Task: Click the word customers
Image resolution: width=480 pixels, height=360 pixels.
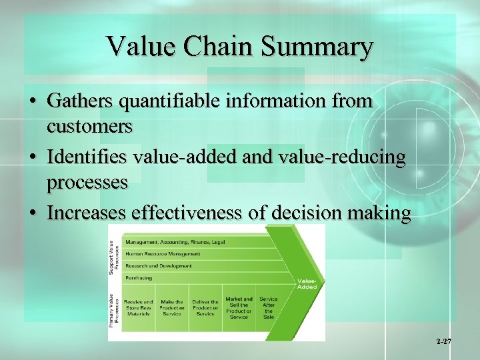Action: (89, 125)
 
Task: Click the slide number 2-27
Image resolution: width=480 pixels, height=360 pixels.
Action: (444, 342)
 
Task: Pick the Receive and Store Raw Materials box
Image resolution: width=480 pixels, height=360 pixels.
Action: (138, 308)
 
